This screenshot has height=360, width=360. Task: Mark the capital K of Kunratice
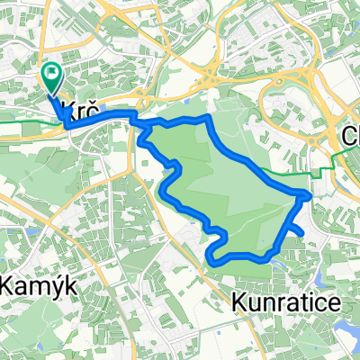(x=239, y=302)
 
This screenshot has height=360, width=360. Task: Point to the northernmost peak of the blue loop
(x=210, y=117)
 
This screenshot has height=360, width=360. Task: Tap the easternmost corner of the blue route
(x=310, y=193)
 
